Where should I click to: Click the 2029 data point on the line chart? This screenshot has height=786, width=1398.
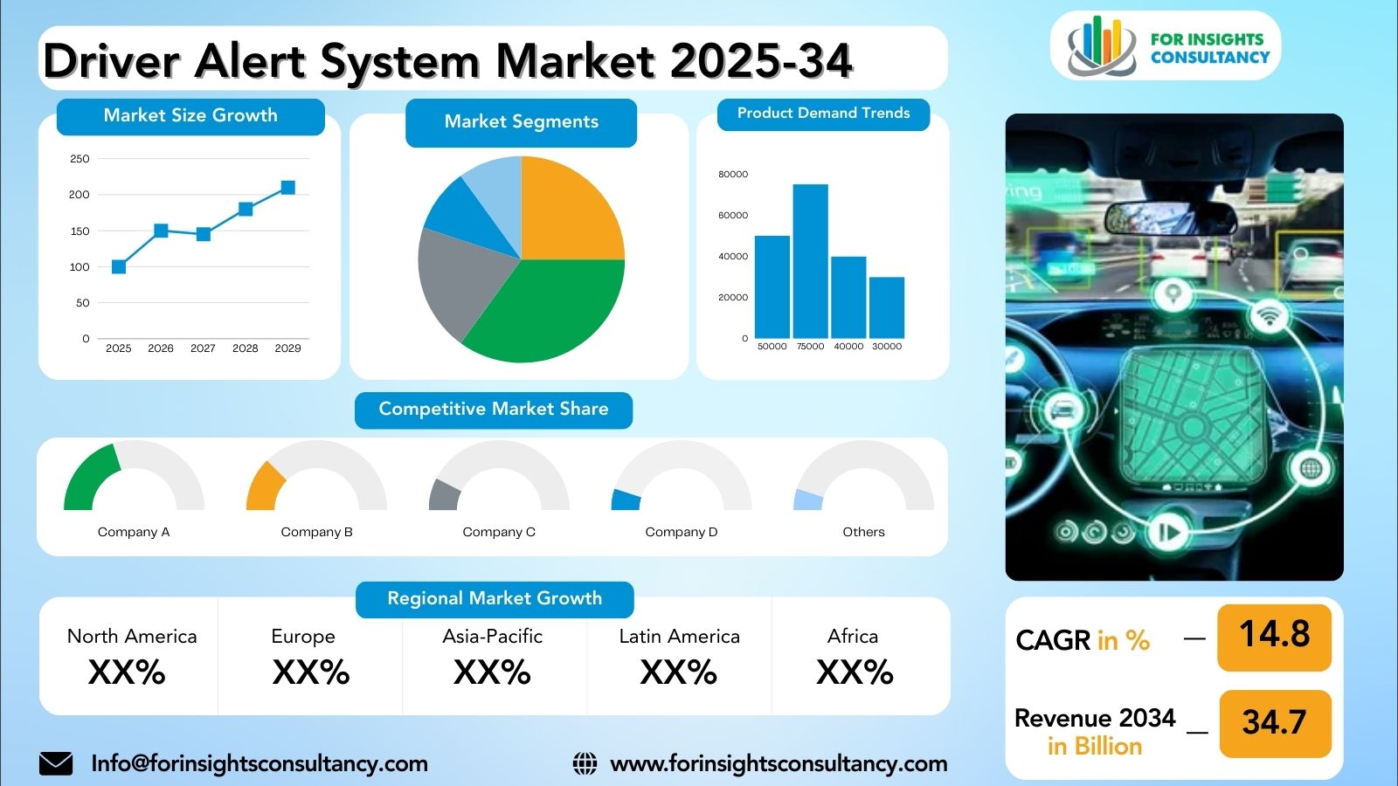[287, 188]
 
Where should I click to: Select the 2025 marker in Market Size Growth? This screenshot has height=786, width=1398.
[119, 267]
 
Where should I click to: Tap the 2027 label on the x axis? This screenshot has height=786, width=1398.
[203, 348]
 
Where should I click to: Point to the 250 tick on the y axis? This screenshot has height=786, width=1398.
[80, 159]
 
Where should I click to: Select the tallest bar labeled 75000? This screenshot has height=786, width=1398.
[811, 261]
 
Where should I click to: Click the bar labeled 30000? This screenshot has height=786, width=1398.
[887, 307]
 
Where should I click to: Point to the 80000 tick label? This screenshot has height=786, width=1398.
[733, 174]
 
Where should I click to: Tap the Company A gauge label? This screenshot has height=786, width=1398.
[134, 532]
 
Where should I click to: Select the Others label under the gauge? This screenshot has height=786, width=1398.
[864, 532]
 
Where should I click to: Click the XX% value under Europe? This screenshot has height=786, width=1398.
[311, 672]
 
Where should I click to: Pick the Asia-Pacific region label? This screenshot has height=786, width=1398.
[493, 637]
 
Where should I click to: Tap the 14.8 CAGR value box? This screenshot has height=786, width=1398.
[1274, 638]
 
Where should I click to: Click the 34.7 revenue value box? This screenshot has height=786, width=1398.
[1275, 724]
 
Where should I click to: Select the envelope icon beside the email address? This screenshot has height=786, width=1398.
[56, 763]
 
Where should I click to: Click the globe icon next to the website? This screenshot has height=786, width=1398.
[585, 763]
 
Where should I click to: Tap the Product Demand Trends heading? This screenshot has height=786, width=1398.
[823, 114]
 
